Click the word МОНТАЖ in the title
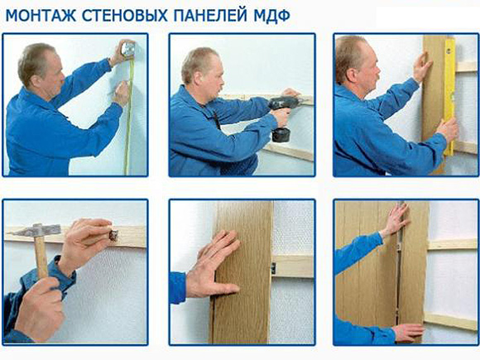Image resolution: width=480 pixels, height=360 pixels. (x=41, y=16)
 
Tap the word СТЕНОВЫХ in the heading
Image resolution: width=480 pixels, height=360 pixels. (x=125, y=16)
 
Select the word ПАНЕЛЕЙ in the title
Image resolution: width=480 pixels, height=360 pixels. (x=210, y=16)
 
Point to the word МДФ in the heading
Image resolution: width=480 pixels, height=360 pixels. (x=271, y=16)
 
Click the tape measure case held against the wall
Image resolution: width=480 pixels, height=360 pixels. (x=128, y=50)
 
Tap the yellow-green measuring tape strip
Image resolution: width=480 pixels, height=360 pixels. (x=129, y=117)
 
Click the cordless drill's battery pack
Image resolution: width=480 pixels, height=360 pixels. (x=281, y=135)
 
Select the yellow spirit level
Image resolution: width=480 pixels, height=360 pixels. (x=449, y=97)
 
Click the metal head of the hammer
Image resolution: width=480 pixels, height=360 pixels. (x=34, y=230)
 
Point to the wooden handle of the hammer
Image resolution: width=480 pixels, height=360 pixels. (x=41, y=257)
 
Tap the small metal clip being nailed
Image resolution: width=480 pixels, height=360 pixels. (x=113, y=235)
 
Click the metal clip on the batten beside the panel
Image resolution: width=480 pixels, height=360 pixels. (x=273, y=268)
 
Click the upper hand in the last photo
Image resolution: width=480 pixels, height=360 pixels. (x=396, y=220)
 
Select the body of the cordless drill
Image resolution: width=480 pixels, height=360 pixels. (x=283, y=104)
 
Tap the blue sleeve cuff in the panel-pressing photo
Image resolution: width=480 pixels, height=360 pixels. (x=178, y=288)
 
